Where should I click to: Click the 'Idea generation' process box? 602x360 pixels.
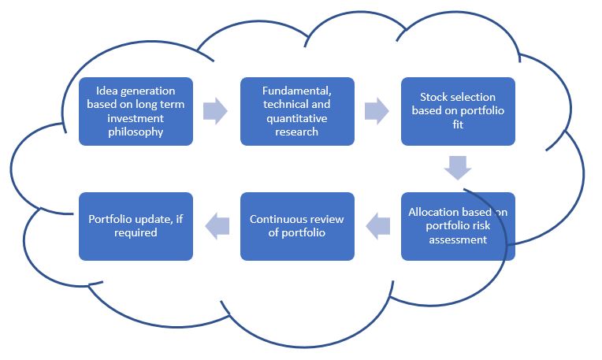pyautogui.click(x=136, y=111)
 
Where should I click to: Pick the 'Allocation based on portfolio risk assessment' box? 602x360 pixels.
pyautogui.click(x=458, y=226)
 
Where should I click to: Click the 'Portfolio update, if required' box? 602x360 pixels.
pyautogui.click(x=136, y=226)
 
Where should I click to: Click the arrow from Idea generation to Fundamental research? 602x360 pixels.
pyautogui.click(x=215, y=111)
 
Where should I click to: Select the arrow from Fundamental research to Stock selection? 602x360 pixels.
pyautogui.click(x=376, y=111)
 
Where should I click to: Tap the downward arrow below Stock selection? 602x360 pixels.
pyautogui.click(x=458, y=168)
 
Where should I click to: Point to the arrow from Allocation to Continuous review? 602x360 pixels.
pyautogui.click(x=379, y=226)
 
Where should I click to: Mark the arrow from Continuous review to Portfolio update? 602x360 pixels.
pyautogui.click(x=217, y=226)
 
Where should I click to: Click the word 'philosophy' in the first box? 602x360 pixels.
pyautogui.click(x=136, y=132)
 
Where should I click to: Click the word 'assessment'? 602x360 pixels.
pyautogui.click(x=458, y=240)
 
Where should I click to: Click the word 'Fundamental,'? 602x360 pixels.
pyautogui.click(x=285, y=90)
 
